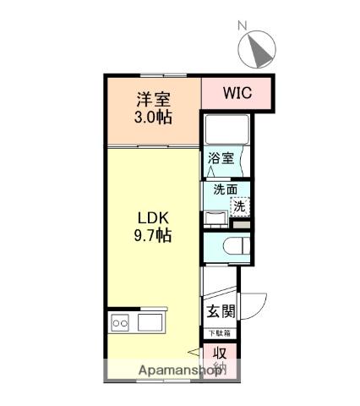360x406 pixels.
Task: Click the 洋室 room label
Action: tap(152, 99)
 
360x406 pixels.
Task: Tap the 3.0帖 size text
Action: tap(152, 117)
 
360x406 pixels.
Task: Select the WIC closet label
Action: tap(237, 92)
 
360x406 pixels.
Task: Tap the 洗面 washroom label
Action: tap(224, 189)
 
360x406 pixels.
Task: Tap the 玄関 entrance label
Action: tap(221, 310)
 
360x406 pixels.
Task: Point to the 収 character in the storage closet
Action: tap(219, 354)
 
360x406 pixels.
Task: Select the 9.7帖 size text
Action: tap(152, 236)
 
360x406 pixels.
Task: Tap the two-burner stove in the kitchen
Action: tap(118, 322)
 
